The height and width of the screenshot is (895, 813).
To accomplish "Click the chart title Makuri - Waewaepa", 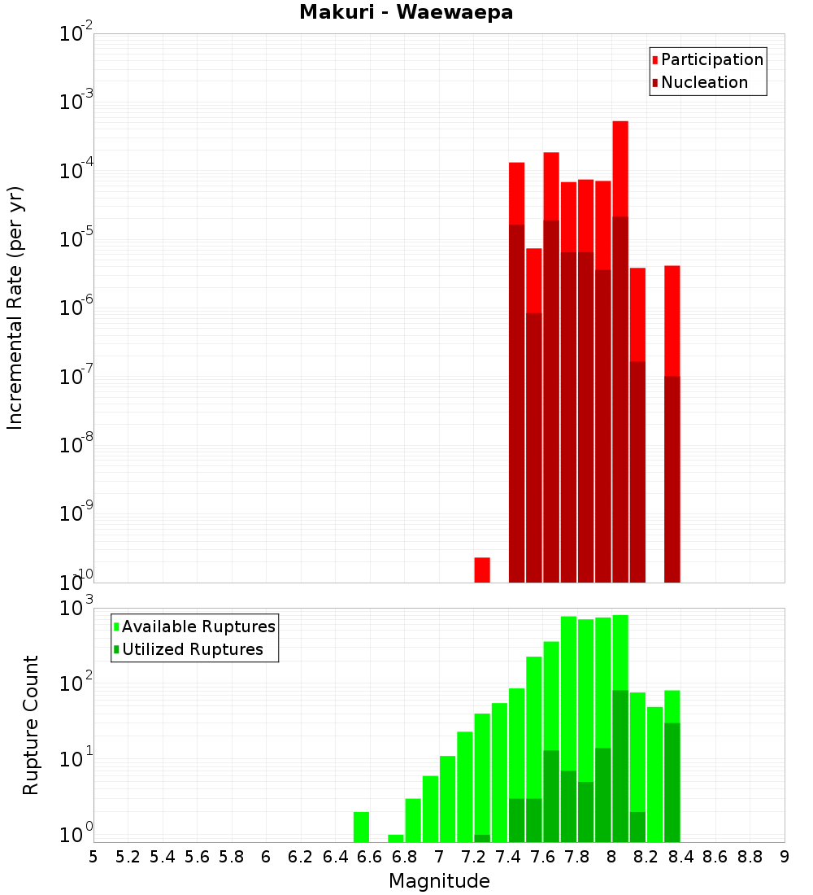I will tap(406, 13).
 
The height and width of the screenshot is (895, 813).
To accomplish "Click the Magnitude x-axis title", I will tap(439, 881).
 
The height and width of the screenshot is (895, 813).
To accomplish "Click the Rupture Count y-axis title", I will tap(31, 725).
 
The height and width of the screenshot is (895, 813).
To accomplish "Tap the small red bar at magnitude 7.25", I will tap(482, 570).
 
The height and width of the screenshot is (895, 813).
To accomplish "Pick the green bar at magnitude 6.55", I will tap(361, 827).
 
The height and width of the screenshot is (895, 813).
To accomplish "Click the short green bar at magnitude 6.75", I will tap(396, 838).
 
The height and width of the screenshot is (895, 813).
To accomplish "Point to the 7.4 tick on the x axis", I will tap(508, 857).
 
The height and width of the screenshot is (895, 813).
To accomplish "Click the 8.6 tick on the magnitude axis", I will tap(715, 857).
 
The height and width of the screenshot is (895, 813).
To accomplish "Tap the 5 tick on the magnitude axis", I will tap(93, 857).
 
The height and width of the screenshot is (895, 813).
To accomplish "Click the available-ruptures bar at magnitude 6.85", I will tap(413, 820).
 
